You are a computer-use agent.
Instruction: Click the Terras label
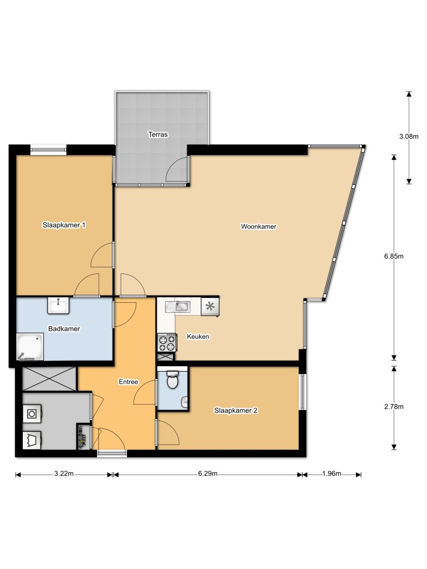point(158,134)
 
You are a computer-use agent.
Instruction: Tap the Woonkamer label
point(259,227)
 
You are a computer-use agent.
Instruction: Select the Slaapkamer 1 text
point(64,225)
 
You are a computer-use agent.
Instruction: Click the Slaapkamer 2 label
point(236,411)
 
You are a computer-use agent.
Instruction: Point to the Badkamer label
point(64,328)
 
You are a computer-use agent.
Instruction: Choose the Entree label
point(128,382)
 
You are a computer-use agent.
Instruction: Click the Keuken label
point(197,337)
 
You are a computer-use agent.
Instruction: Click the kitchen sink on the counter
point(182,306)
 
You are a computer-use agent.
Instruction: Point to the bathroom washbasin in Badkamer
point(58,305)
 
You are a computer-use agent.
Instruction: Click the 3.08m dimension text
point(409,136)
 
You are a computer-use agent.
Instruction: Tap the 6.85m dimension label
point(394,256)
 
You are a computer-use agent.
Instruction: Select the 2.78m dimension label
point(394,407)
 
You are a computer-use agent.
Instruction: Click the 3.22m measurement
point(63,474)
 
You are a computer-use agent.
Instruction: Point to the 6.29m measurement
point(207,474)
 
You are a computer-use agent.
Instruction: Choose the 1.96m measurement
point(331,474)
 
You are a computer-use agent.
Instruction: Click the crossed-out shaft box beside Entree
point(49,379)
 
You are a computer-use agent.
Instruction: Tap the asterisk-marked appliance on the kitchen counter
point(210,306)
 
